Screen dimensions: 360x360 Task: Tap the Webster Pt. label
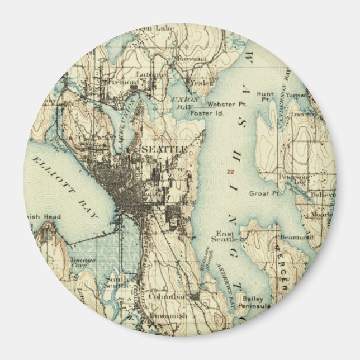tap(224, 104)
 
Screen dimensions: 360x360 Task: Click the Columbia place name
tap(171, 296)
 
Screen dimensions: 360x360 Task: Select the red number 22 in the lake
tap(230, 172)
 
